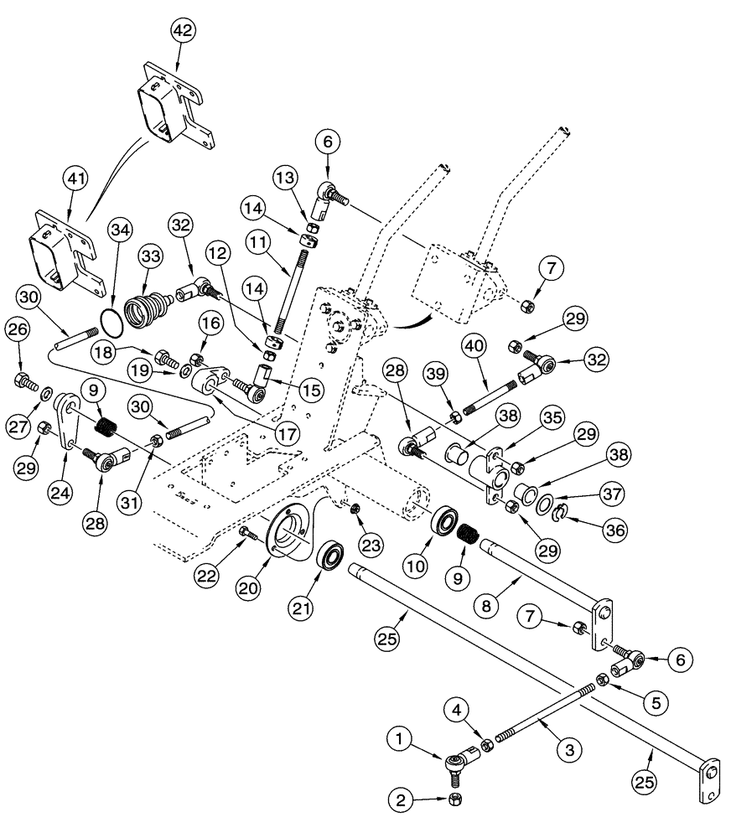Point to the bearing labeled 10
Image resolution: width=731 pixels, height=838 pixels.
pos(442,520)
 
